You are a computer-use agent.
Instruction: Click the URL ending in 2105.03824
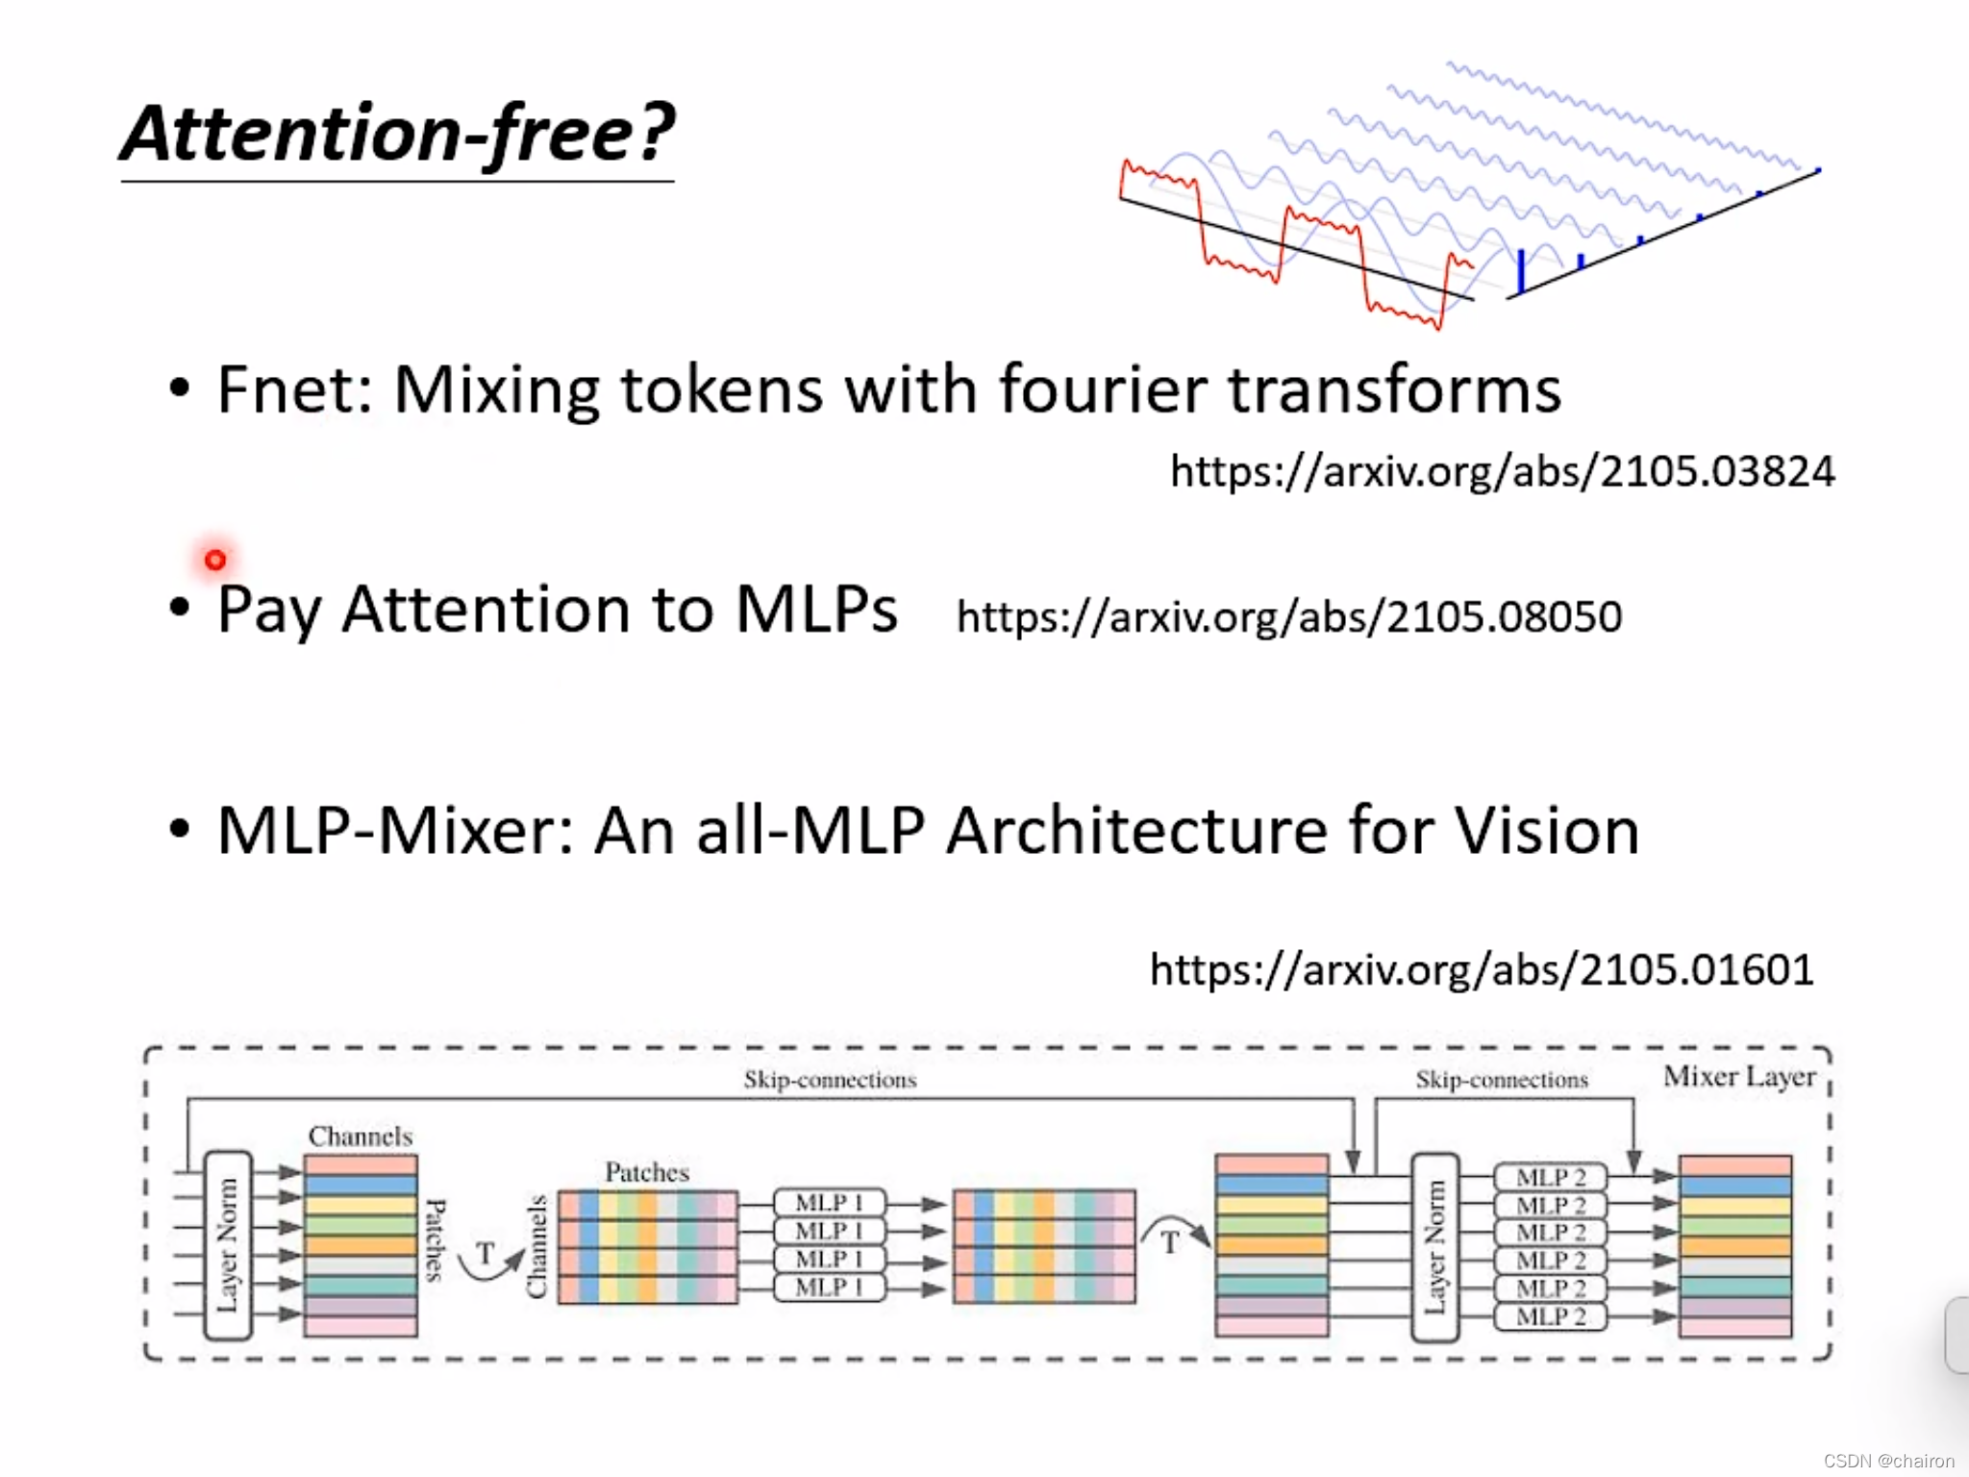(x=1502, y=471)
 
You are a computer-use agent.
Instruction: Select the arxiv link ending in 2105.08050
(x=1288, y=616)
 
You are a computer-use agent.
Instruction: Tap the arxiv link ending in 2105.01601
(x=1482, y=969)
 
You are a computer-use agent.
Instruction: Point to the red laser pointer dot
(x=215, y=560)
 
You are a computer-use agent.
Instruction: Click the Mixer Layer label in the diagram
(x=1739, y=1077)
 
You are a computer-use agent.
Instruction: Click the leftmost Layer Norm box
(x=228, y=1245)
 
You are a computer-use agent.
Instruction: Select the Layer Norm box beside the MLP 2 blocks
(x=1434, y=1247)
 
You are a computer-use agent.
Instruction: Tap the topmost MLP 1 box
(x=829, y=1202)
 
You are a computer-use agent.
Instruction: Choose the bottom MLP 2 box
(x=1550, y=1316)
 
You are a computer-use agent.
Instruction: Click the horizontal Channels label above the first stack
(x=361, y=1137)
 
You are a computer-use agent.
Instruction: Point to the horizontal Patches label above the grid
(x=647, y=1172)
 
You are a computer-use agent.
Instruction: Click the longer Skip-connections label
(x=830, y=1080)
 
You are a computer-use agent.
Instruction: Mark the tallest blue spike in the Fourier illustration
(x=1521, y=270)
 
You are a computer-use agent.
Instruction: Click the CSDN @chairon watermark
(x=1888, y=1461)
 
